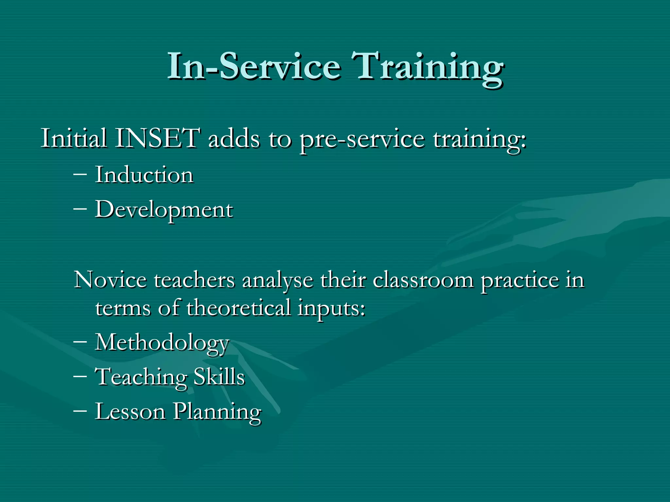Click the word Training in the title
pyautogui.click(x=427, y=67)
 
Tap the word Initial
pyautogui.click(x=74, y=139)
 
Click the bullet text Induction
pyautogui.click(x=144, y=175)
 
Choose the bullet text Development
pyautogui.click(x=164, y=210)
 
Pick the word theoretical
pyautogui.click(x=239, y=308)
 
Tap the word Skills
pyautogui.click(x=219, y=377)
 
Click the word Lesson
pyautogui.click(x=130, y=411)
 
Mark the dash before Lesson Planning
pyautogui.click(x=80, y=410)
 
